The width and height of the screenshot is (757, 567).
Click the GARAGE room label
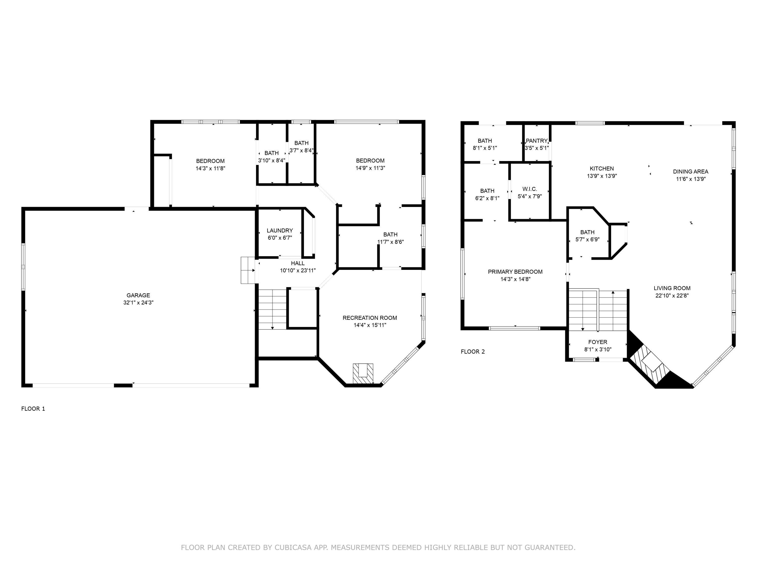coord(138,295)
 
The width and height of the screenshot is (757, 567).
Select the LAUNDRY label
coord(280,231)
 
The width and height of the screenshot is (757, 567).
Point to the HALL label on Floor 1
coord(298,263)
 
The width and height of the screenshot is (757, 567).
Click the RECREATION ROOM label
coord(370,318)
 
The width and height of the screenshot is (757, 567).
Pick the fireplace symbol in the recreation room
coord(363,373)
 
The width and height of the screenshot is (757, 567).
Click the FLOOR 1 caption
coord(33,409)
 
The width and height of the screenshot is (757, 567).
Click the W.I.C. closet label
coord(529,189)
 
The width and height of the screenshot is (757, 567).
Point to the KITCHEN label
coord(602,169)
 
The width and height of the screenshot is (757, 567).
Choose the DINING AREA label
coord(690,172)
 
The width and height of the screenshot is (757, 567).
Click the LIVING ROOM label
coord(672,288)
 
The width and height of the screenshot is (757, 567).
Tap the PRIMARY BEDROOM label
coord(515,272)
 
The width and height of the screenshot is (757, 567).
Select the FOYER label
coord(598,342)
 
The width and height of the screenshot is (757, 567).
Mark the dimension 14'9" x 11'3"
coord(370,168)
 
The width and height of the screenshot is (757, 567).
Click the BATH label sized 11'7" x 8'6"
coord(390,234)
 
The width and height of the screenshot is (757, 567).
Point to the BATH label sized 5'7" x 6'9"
coord(587,232)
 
